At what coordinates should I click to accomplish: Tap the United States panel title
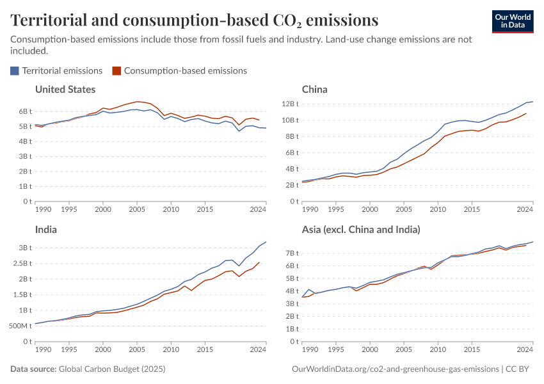65,90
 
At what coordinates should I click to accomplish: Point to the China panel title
314,90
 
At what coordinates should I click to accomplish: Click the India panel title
46,229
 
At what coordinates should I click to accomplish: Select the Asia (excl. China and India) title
360,229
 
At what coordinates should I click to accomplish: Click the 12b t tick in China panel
289,104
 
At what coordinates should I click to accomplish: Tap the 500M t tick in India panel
19,326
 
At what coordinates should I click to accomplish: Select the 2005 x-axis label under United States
136,209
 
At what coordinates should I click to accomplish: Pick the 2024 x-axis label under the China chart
525,209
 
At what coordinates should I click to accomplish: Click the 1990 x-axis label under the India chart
44,350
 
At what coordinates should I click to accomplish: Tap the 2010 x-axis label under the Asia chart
437,350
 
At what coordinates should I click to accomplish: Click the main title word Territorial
56,20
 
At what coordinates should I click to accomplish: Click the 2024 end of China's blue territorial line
532,101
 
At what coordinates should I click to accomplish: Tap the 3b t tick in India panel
24,248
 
